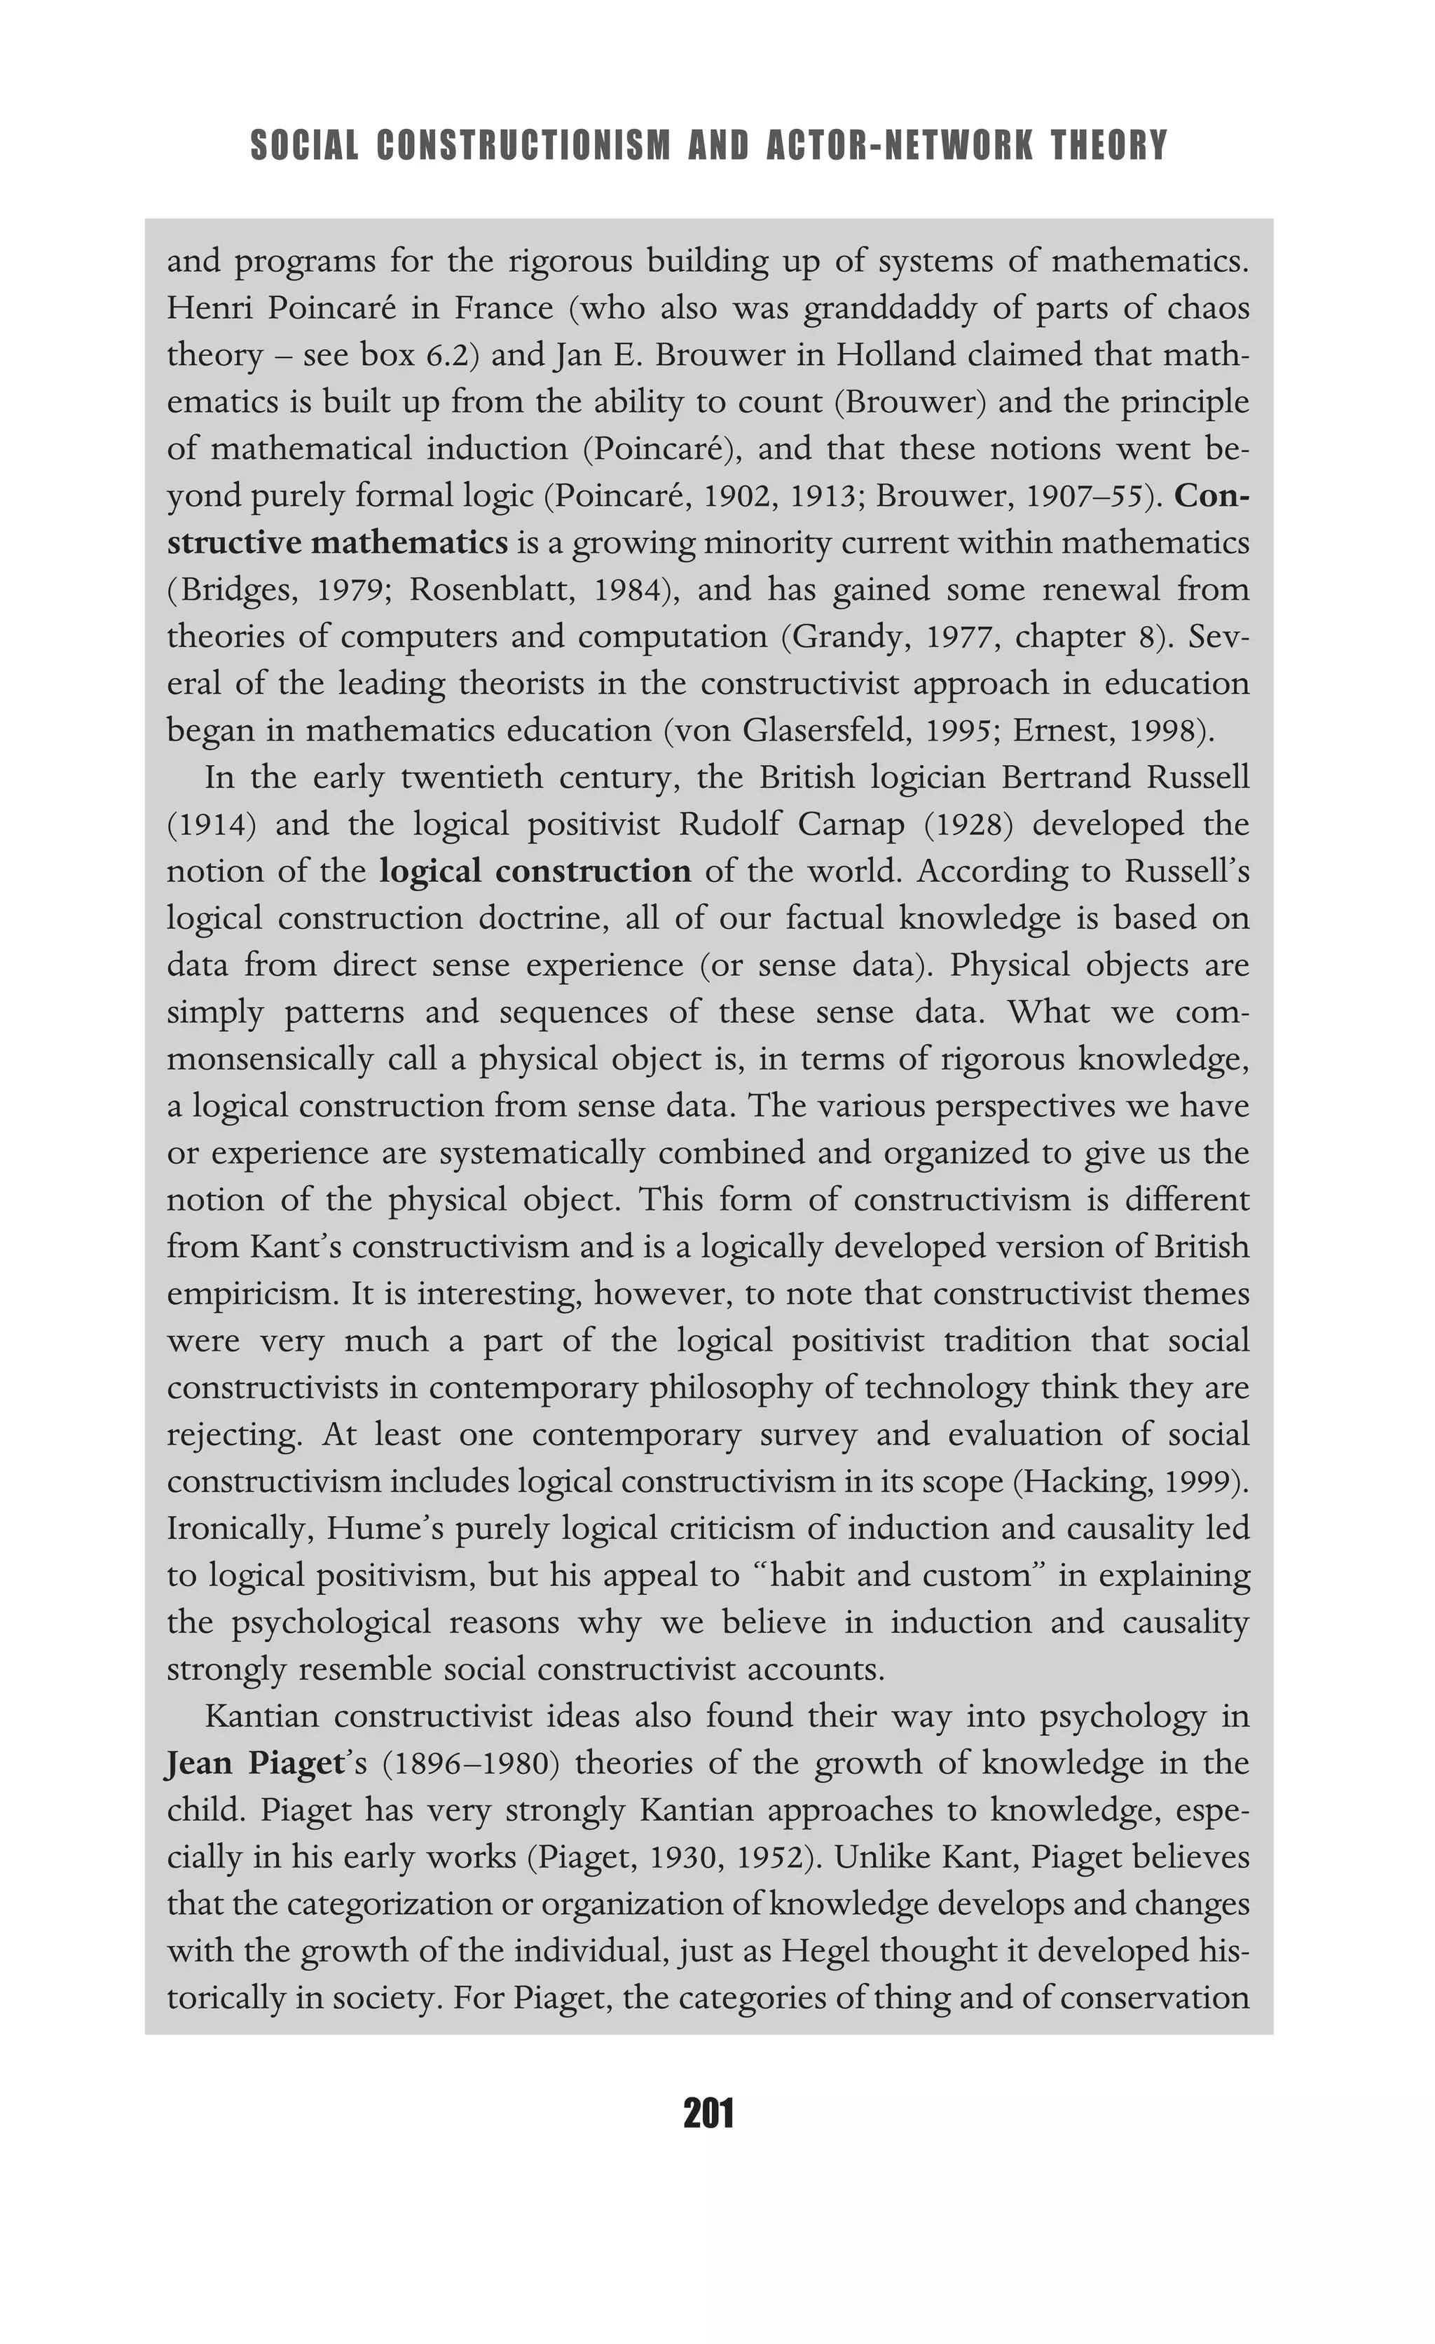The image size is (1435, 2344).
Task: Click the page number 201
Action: tap(709, 2114)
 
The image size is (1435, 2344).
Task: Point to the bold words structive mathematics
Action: tap(338, 543)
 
